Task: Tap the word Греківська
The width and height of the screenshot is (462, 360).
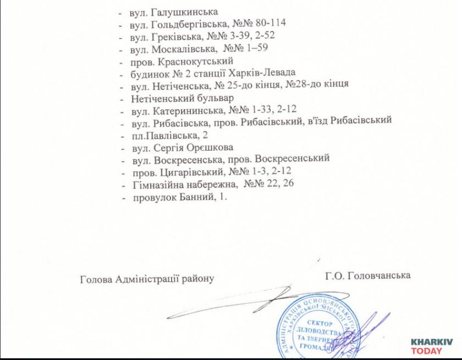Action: pos(175,36)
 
